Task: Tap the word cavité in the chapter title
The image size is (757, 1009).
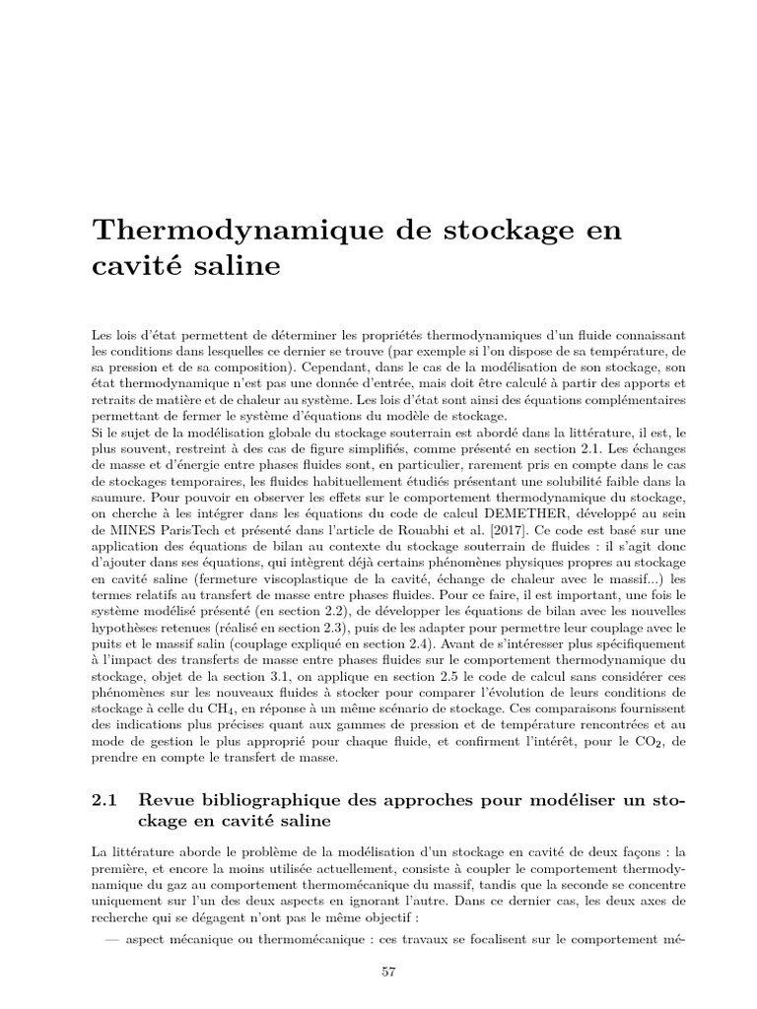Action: tap(132, 266)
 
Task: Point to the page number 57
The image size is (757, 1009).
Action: tap(387, 972)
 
